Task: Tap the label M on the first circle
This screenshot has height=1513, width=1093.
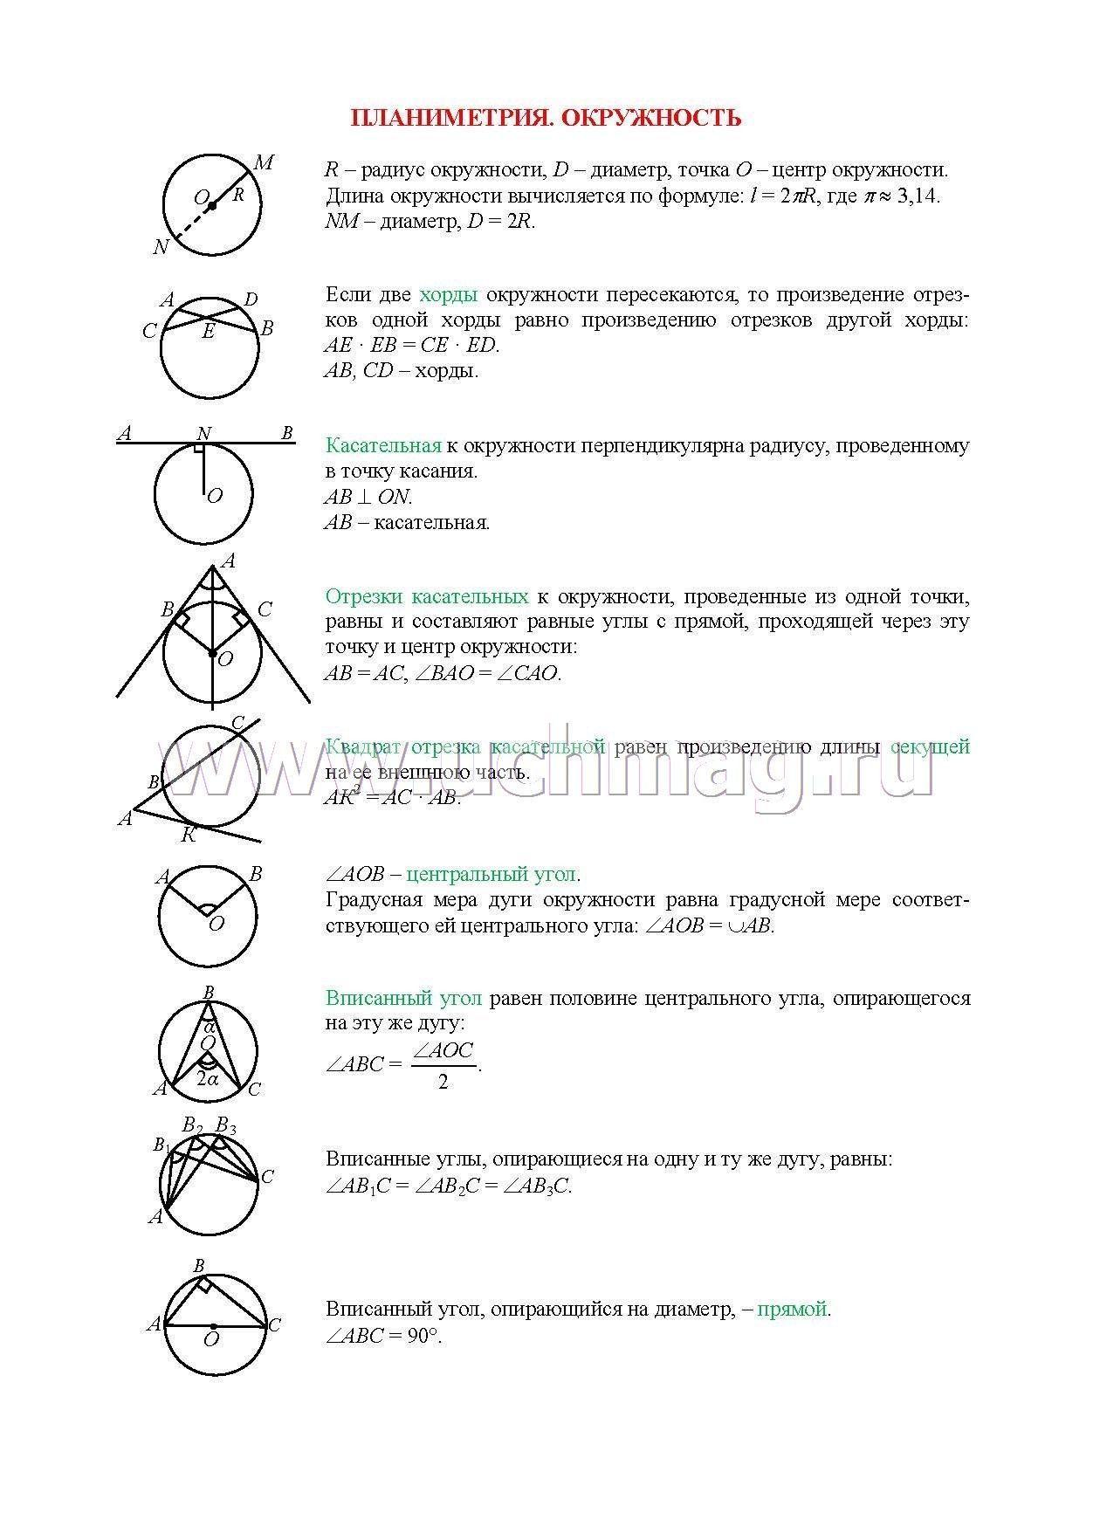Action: (x=264, y=162)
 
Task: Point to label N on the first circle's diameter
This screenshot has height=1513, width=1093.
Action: (x=161, y=247)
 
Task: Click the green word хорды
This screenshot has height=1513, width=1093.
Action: (x=448, y=294)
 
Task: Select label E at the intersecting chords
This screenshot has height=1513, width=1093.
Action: (x=209, y=332)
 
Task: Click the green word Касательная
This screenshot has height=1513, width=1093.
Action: (x=382, y=446)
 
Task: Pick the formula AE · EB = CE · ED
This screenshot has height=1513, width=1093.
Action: (x=411, y=345)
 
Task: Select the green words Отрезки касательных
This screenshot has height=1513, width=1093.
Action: (x=426, y=597)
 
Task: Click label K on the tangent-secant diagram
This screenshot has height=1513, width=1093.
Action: (x=188, y=836)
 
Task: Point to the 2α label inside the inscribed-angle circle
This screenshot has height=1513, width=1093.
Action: (x=208, y=1078)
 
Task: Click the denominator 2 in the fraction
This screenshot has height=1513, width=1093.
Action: (x=443, y=1083)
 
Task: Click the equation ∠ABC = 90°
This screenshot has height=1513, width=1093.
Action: (x=383, y=1336)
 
